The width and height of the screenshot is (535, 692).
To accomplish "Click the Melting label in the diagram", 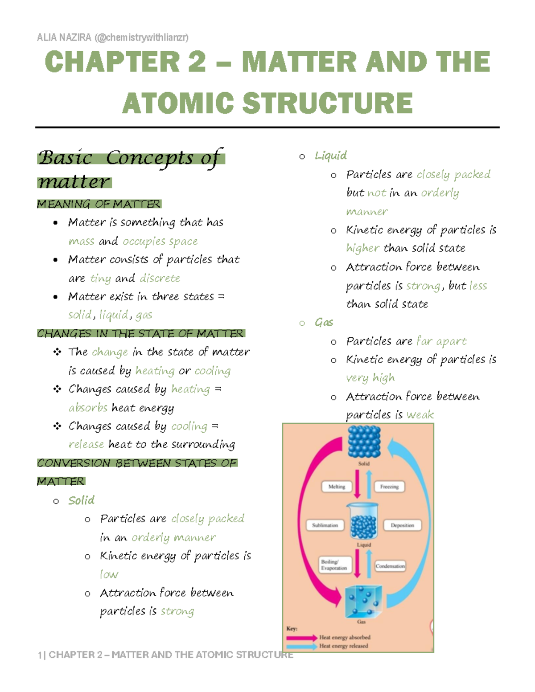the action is (x=337, y=487).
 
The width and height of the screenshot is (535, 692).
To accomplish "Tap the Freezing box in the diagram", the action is (x=389, y=487).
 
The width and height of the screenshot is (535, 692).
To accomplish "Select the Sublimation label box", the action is (x=325, y=525).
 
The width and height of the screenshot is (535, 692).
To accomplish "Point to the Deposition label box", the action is (x=402, y=525).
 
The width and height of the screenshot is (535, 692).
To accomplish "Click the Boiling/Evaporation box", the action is (x=335, y=565).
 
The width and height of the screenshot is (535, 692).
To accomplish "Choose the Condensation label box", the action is (x=390, y=566).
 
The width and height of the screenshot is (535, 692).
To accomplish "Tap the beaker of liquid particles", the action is (x=363, y=522).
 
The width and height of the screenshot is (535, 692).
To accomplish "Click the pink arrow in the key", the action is (x=302, y=638).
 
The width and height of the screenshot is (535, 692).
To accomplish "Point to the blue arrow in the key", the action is (x=302, y=646).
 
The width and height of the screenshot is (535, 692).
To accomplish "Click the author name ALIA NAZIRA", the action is (x=64, y=37).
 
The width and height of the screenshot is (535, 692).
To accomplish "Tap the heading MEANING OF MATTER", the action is (x=99, y=204).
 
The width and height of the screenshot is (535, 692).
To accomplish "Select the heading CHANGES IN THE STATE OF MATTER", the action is (x=140, y=334).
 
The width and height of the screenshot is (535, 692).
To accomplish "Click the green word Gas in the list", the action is (x=324, y=322).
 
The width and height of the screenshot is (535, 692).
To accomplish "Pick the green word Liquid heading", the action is (x=330, y=156).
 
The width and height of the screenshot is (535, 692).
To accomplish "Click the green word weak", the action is (x=420, y=415).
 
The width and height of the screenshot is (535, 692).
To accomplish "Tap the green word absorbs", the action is (x=88, y=408).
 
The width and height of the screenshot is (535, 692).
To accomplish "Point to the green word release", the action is (x=86, y=444).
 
